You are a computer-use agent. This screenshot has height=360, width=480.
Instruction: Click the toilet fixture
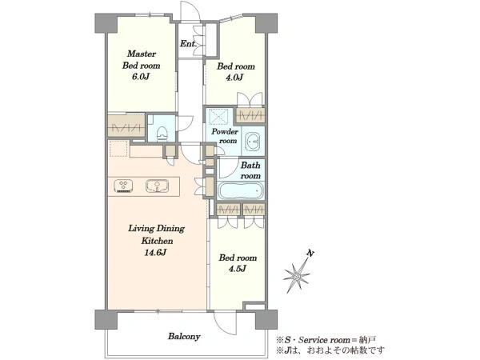(161, 133)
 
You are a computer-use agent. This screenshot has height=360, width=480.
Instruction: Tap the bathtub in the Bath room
(240, 191)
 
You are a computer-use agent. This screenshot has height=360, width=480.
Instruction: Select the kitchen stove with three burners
(123, 186)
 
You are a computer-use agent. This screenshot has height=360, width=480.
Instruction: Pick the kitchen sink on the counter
(157, 186)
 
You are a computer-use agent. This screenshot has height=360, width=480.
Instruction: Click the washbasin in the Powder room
(253, 142)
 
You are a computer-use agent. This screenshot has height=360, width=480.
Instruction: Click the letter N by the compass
(310, 254)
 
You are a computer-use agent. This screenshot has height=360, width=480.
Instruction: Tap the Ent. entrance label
(188, 44)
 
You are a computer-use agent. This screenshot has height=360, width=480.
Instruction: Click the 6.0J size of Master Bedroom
(141, 77)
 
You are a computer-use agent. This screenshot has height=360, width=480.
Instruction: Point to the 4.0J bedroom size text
(234, 78)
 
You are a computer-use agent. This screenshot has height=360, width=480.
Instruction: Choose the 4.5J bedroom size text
(238, 269)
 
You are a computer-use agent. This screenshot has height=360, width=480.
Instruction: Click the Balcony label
(184, 337)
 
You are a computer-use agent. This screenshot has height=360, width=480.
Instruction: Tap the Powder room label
(225, 136)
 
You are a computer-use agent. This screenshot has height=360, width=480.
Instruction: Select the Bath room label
(250, 170)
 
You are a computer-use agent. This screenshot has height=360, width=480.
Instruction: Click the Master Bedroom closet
(126, 126)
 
